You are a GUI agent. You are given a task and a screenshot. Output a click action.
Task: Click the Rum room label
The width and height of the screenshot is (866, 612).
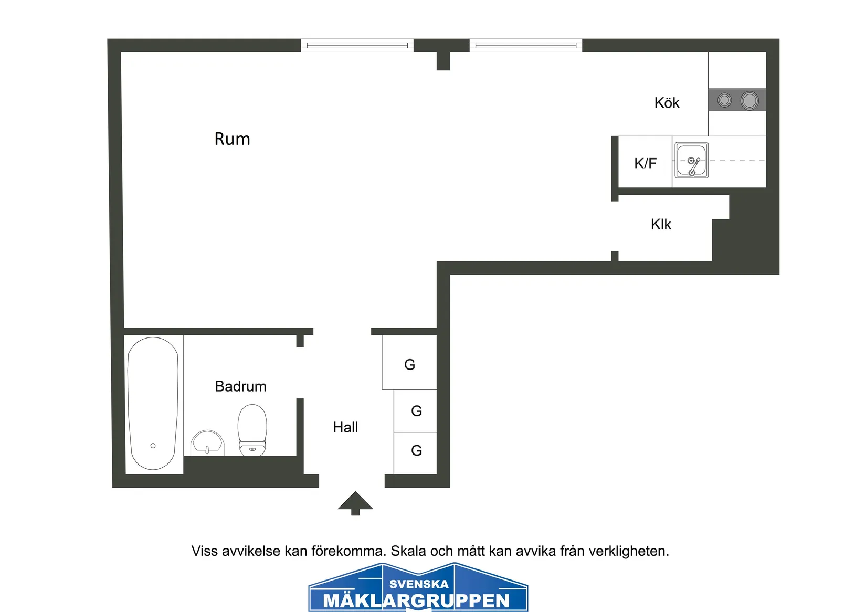click(x=232, y=139)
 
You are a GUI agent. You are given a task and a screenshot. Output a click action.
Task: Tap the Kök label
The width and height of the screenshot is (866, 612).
click(x=667, y=103)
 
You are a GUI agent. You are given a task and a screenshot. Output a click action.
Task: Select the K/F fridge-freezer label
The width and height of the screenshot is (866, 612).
click(x=645, y=163)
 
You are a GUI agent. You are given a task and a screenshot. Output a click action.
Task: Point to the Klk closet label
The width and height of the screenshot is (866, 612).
click(x=661, y=225)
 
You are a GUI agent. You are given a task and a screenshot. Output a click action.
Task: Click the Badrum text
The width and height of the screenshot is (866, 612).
click(x=240, y=386)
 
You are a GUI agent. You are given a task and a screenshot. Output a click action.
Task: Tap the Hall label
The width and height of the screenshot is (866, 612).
click(x=345, y=427)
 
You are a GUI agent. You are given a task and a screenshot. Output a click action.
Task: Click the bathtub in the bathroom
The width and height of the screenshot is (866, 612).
click(x=153, y=403)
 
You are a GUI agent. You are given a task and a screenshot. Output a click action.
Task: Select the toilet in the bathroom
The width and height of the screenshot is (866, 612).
click(x=252, y=429)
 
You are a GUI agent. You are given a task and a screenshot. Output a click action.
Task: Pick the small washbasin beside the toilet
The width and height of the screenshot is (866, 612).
click(x=207, y=443)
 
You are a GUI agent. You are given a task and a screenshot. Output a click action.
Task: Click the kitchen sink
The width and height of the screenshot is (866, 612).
click(x=691, y=160)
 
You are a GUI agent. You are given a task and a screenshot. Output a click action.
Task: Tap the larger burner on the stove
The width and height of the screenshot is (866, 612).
click(x=749, y=100)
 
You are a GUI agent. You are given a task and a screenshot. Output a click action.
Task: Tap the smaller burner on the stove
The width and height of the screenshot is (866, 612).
click(x=724, y=100)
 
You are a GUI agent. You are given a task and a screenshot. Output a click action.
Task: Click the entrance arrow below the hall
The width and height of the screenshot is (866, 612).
click(x=355, y=503)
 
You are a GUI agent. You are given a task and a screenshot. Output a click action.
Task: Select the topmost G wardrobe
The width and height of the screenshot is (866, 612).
click(x=409, y=364)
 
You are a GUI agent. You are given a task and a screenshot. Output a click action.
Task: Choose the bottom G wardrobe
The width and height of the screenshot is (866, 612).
click(x=416, y=450)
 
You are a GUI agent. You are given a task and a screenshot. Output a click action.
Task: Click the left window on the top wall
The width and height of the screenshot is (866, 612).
click(x=357, y=46)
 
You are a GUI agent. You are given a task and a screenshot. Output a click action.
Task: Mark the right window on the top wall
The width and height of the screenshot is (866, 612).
click(x=526, y=46)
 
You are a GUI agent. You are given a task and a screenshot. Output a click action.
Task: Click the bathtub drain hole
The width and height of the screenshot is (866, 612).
click(x=153, y=446)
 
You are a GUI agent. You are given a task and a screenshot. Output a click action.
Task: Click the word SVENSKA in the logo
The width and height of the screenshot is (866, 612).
click(x=419, y=584)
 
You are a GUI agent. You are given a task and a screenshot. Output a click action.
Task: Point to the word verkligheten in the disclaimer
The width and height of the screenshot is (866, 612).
click(x=628, y=551)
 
